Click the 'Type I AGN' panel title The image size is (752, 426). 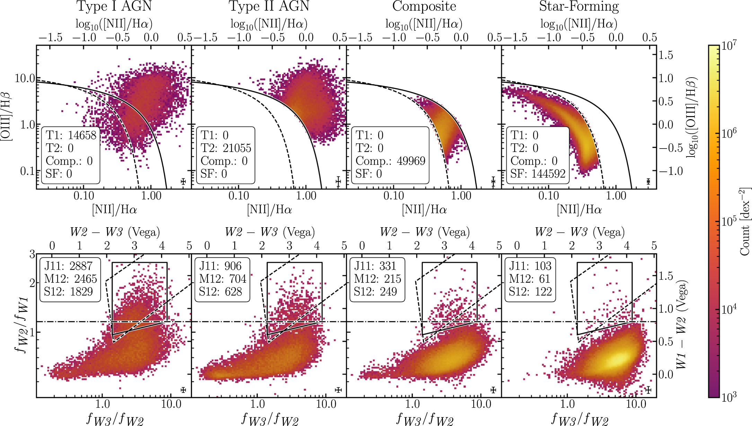(114, 6)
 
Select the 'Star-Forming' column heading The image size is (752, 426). (579, 6)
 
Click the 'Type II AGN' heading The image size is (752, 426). (269, 6)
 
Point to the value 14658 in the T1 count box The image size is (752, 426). (82, 135)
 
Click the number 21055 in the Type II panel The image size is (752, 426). (237, 148)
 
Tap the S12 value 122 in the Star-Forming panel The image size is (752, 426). (544, 292)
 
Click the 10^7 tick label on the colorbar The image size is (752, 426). (729, 46)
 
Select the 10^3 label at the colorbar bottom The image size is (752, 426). (729, 397)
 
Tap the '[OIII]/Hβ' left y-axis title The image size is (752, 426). (6, 116)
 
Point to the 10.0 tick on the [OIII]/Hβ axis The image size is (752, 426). (25, 78)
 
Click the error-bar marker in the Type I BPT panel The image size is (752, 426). (183, 181)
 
